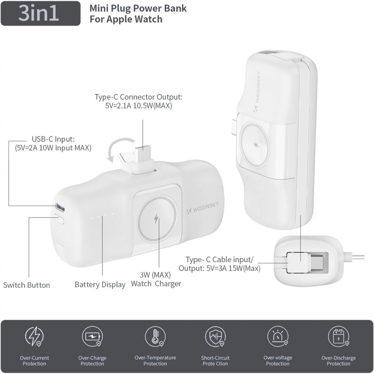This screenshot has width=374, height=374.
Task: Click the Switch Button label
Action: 27,285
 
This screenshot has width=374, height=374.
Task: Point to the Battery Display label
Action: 100,285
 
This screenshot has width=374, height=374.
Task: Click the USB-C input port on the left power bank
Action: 59,206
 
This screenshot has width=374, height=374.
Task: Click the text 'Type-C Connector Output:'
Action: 138,97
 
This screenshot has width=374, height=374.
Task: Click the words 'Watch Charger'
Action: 156,283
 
